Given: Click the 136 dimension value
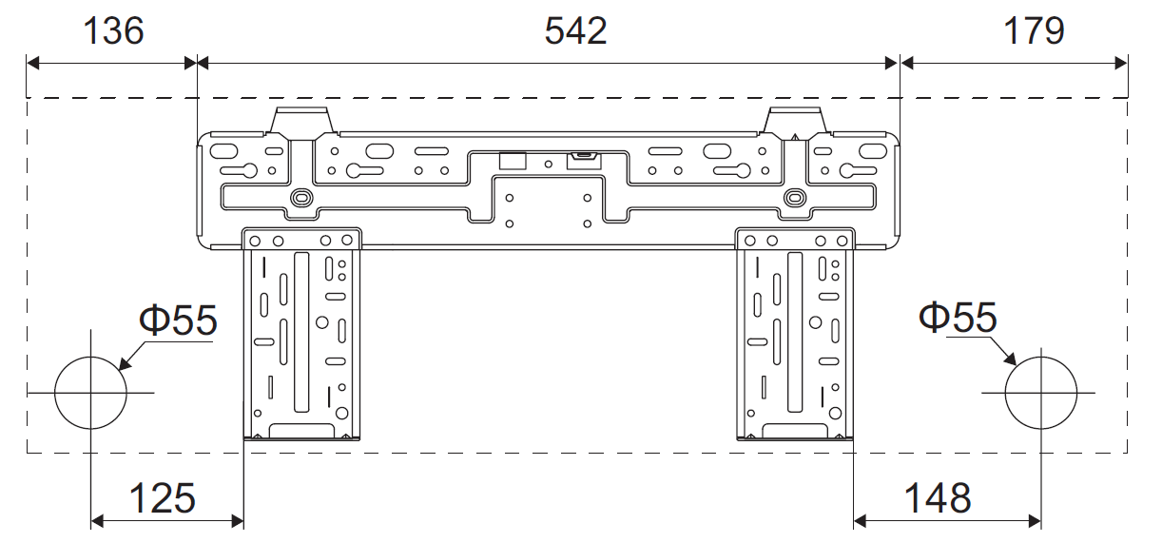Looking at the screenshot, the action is click(113, 30).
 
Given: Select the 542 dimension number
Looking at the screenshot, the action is click(575, 30).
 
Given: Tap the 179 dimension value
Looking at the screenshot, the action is click(1034, 30).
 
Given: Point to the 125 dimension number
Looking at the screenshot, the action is click(162, 498).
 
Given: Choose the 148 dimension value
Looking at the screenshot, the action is click(938, 498).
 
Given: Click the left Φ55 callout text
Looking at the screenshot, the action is click(178, 320).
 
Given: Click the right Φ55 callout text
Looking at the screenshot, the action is click(958, 317).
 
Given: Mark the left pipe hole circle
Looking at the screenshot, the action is click(54, 393).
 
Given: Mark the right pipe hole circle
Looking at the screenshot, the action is click(1005, 393).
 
